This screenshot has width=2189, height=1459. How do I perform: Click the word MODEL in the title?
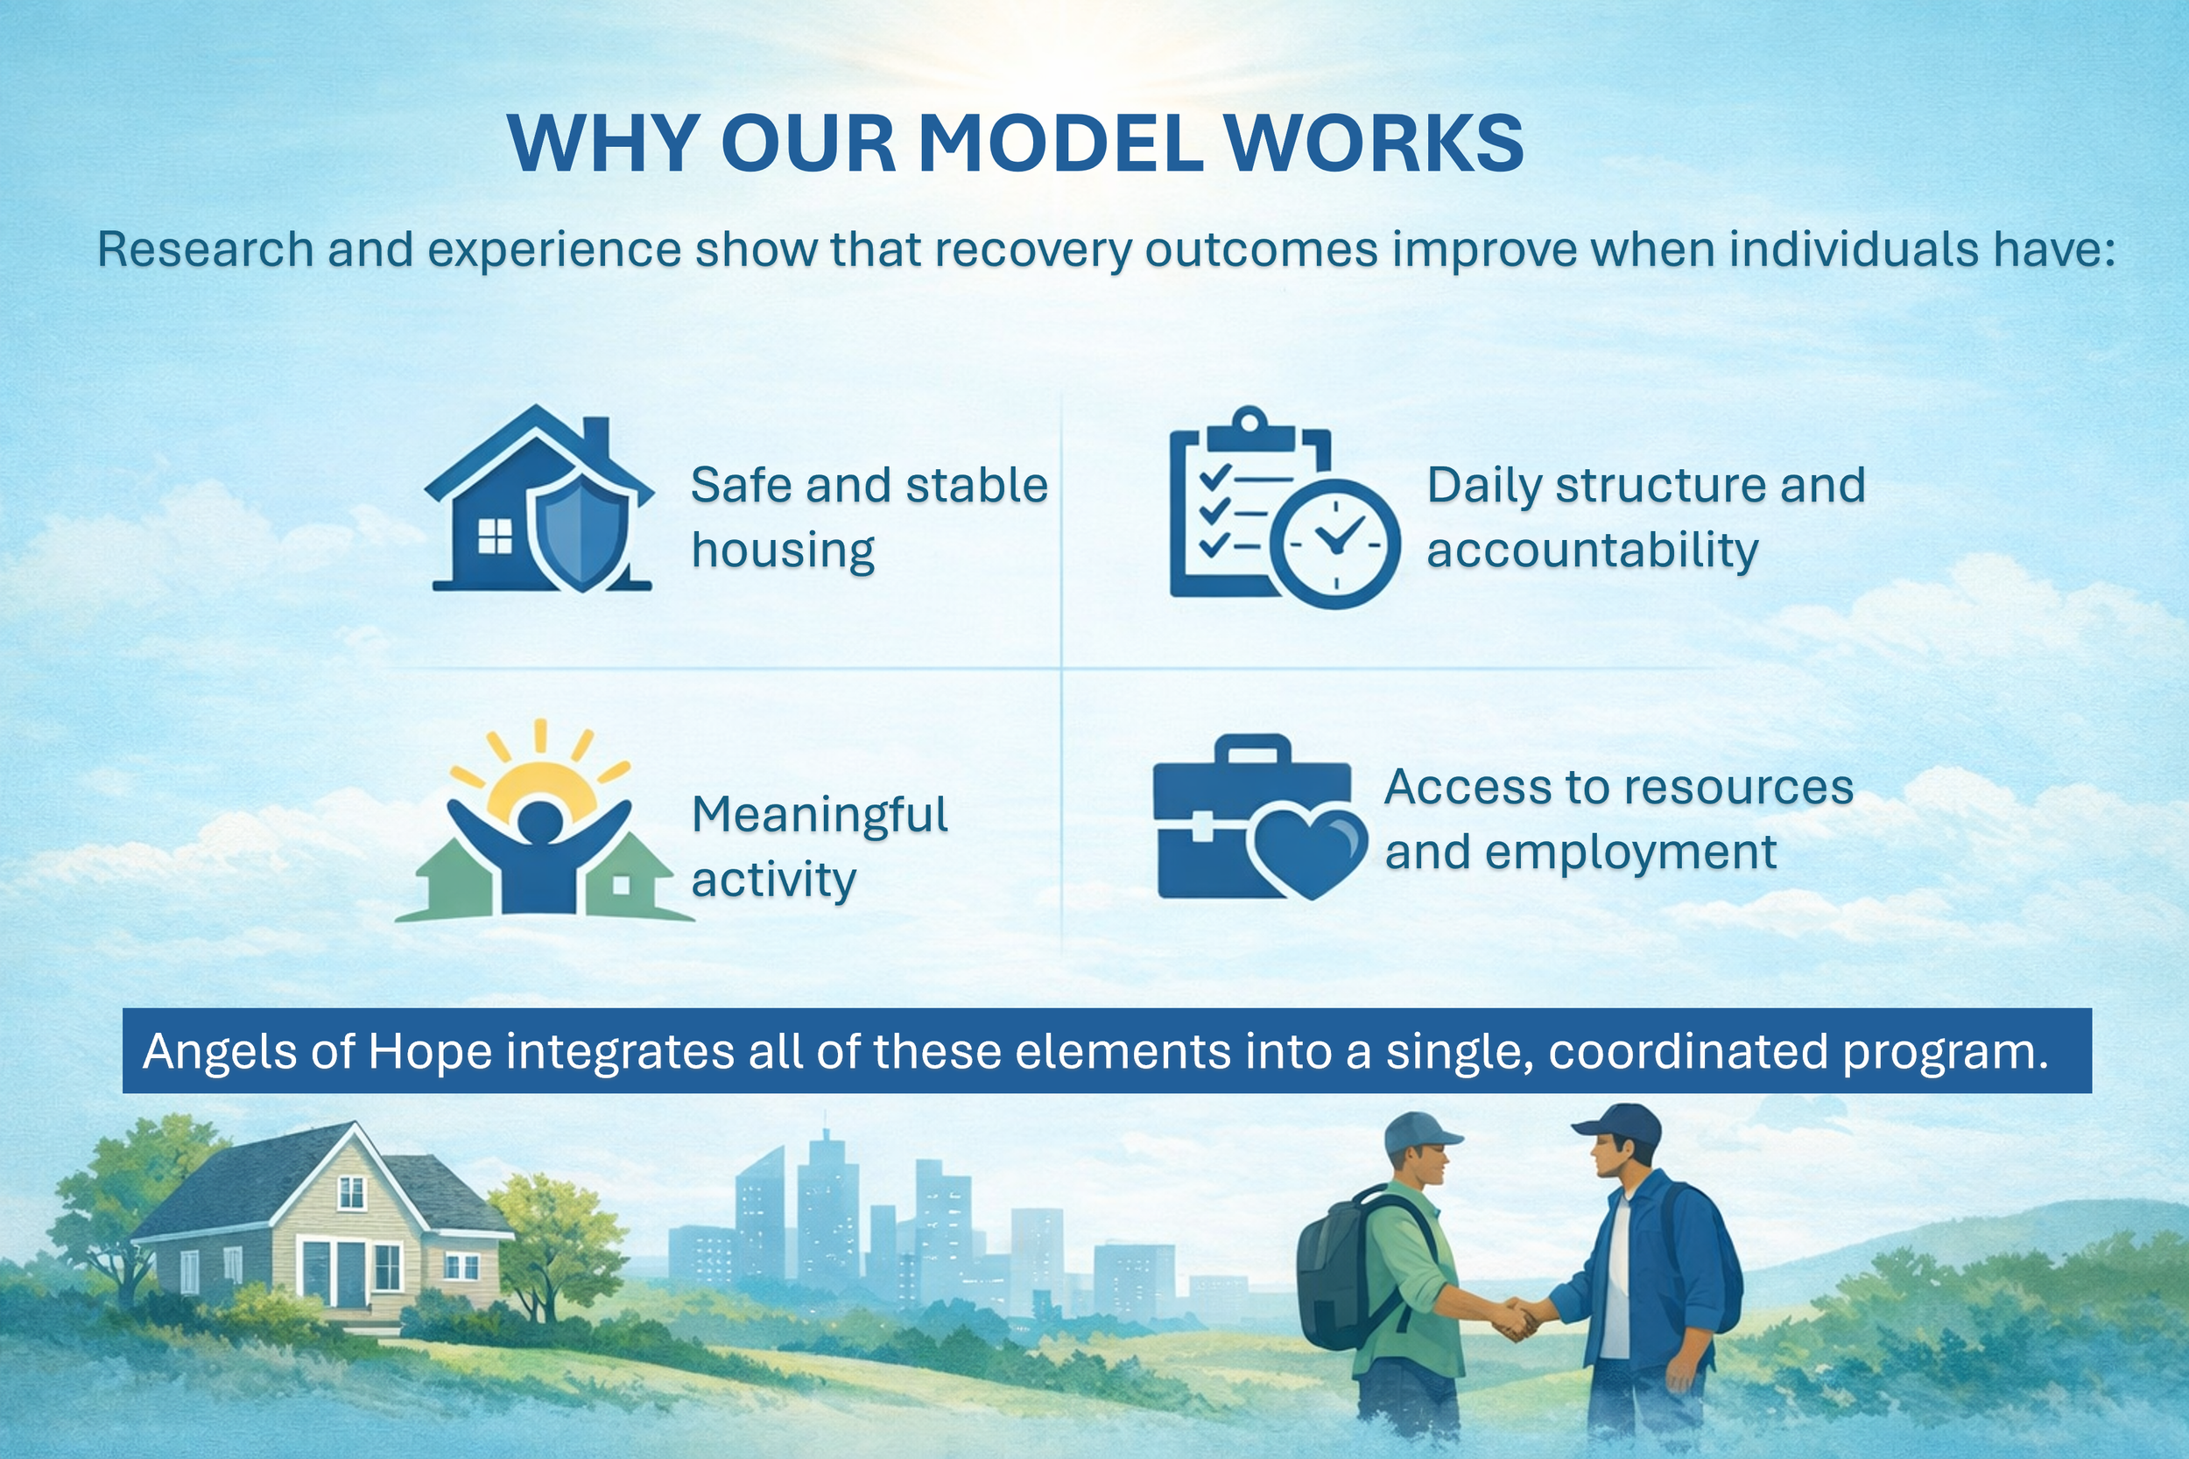(1062, 144)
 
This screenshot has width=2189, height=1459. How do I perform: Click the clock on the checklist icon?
(1334, 544)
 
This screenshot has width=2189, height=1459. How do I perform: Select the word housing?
(783, 550)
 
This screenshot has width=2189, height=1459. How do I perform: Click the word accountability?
(1593, 550)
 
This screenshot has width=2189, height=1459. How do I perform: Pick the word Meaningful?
(820, 815)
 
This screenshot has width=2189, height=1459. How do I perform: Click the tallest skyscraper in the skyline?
(823, 1200)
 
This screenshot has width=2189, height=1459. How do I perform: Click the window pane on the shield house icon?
(495, 536)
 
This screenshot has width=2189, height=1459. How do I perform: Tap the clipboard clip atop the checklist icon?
(1250, 424)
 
